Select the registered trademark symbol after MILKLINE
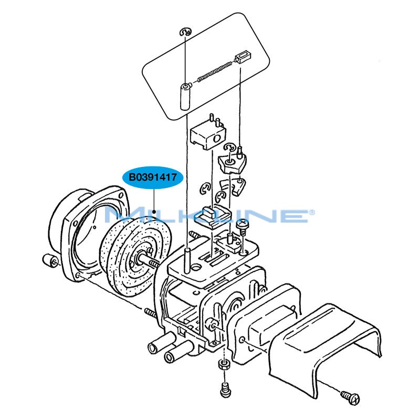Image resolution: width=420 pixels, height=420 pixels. (x=312, y=212)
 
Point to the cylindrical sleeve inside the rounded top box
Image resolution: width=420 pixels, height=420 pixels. (x=185, y=95)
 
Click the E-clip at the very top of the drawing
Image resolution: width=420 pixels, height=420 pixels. (x=185, y=33)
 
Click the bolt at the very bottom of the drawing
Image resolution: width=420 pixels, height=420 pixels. (x=225, y=390)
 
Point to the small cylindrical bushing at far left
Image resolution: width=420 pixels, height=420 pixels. (x=50, y=260)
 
